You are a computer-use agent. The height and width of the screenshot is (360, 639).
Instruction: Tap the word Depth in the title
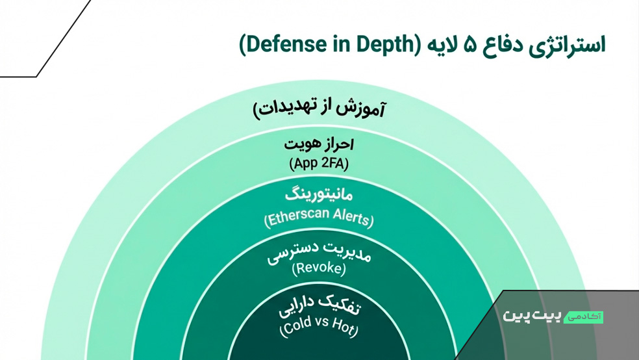(385, 45)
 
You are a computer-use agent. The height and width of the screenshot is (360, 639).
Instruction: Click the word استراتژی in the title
(568, 45)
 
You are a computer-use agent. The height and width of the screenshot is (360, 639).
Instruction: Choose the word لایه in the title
(441, 45)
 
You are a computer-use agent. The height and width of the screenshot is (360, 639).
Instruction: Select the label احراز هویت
(319, 144)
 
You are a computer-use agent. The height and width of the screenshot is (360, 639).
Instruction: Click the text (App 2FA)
(319, 164)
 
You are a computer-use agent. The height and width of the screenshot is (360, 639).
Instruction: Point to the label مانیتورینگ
(319, 195)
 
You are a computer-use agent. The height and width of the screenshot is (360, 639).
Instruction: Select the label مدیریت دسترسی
(319, 253)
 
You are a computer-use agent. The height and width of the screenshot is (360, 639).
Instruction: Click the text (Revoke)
(319, 268)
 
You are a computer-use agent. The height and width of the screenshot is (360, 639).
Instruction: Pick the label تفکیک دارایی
(319, 307)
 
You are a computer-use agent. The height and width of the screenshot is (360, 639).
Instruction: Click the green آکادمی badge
(584, 317)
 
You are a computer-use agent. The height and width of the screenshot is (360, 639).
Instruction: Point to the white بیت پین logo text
(532, 316)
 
